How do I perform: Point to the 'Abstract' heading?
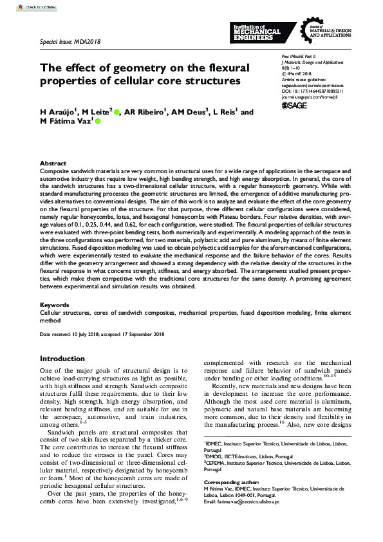pos(53,164)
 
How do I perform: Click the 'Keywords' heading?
pos(54,304)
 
